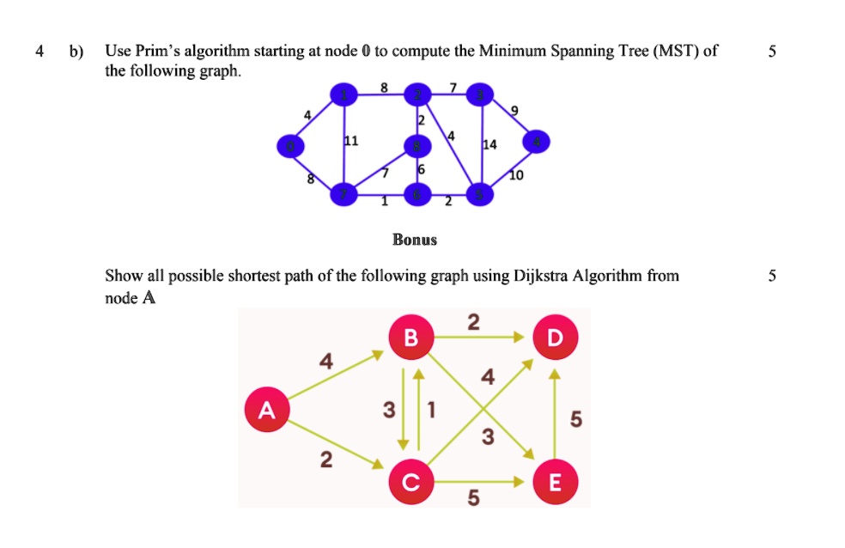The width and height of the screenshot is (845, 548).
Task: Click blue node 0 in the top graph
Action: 289,147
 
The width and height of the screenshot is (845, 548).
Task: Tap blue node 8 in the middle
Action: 418,146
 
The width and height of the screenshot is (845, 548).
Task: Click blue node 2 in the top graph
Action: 419,95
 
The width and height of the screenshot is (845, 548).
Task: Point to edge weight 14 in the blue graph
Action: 489,145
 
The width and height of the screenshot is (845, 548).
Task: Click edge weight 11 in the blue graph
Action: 351,140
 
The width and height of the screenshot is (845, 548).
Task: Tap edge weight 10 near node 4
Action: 515,174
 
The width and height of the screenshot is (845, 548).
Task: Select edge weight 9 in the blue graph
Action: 515,110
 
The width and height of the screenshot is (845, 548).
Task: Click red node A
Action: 267,411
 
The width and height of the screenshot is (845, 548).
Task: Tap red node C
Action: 410,484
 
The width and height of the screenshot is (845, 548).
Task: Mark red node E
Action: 555,484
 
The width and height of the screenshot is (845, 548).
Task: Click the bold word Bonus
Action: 415,240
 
